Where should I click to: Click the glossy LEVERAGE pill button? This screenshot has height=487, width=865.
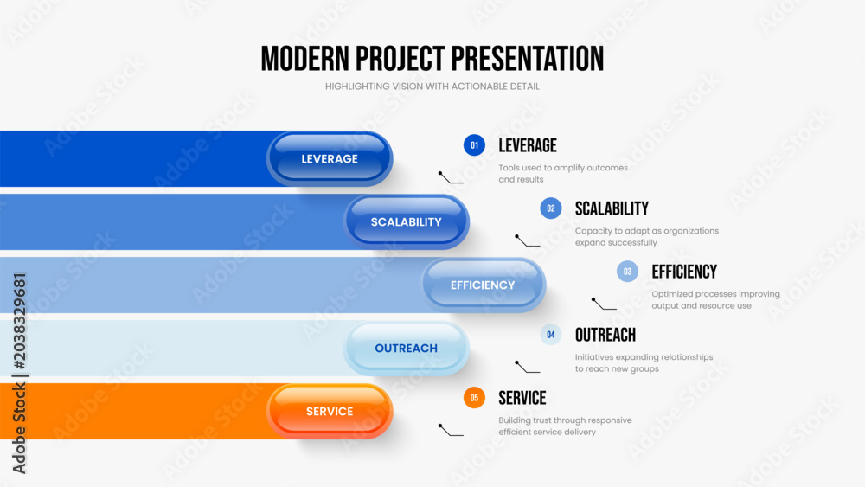(330, 158)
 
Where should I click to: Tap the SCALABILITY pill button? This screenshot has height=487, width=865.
(406, 221)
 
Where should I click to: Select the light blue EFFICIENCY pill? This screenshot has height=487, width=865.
(484, 285)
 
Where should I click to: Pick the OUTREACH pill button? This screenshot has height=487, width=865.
(406, 348)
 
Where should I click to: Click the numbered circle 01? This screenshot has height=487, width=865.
(474, 145)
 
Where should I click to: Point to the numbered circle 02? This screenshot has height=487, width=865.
(550, 208)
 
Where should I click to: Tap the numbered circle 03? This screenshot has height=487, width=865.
(627, 272)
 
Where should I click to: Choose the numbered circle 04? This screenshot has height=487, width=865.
(550, 334)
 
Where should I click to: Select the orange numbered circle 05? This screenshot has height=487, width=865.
(474, 398)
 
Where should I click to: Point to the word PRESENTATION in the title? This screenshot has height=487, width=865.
(528, 59)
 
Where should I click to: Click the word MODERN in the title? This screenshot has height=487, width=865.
(305, 59)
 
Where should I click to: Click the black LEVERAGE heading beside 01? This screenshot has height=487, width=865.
(528, 145)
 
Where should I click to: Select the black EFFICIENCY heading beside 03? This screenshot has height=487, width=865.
(684, 272)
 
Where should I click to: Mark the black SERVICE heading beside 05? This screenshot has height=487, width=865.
(522, 398)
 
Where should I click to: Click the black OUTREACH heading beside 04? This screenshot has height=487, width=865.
(605, 334)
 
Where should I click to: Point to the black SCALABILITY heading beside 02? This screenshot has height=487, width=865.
(612, 208)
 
